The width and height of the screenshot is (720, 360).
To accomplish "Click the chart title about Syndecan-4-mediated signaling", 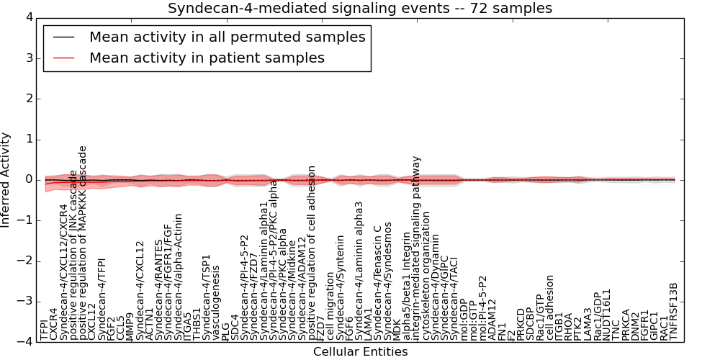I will (x=360, y=9).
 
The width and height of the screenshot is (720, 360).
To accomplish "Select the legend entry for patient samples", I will (x=207, y=58).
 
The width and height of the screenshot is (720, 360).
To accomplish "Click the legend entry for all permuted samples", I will (x=227, y=37).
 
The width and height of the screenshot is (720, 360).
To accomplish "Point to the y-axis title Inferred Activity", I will (x=6, y=179).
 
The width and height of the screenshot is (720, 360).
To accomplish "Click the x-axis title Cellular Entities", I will (x=360, y=352).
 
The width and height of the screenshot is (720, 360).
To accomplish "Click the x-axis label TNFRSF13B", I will (x=674, y=311).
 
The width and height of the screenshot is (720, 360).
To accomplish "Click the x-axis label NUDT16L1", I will (x=606, y=315).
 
